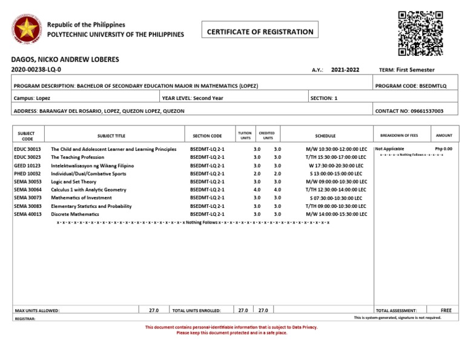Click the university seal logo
pyautogui.click(x=26, y=30)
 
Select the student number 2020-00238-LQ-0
pyautogui.click(x=36, y=70)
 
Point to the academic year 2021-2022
pyautogui.click(x=345, y=70)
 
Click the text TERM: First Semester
pyautogui.click(x=406, y=70)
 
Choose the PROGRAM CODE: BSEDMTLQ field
pyautogui.click(x=411, y=86)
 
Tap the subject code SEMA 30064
pyautogui.click(x=27, y=190)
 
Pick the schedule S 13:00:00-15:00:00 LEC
pyautogui.click(x=335, y=173)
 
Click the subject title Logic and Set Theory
pyautogui.click(x=73, y=181)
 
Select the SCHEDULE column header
pyautogui.click(x=325, y=136)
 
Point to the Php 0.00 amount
pyautogui.click(x=443, y=148)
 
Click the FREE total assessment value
pyautogui.click(x=446, y=310)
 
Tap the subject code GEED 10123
pyautogui.click(x=27, y=165)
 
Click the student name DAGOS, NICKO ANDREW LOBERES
pyautogui.click(x=65, y=59)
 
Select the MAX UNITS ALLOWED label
pyautogui.click(x=37, y=310)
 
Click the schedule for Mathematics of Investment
pyautogui.click(x=335, y=198)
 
